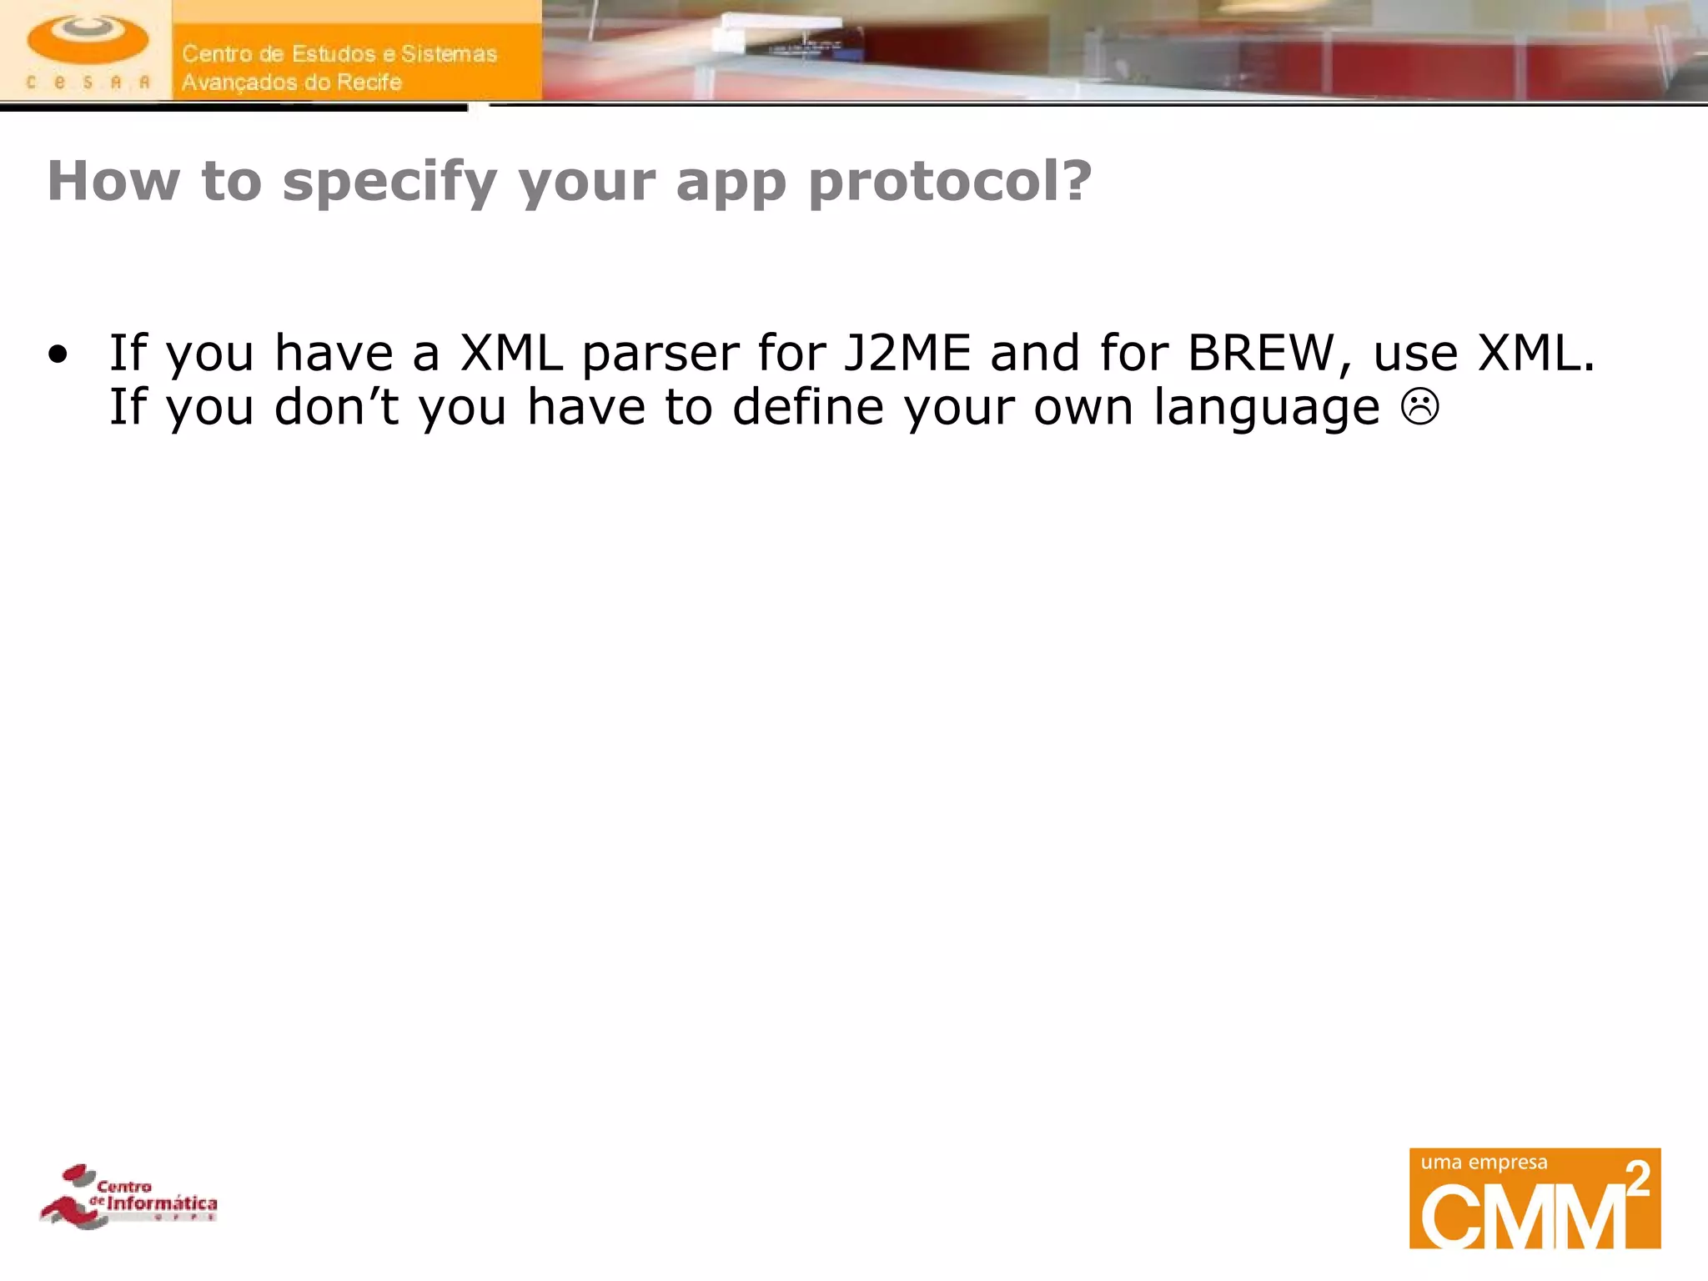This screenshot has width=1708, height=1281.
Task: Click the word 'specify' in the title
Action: click(389, 182)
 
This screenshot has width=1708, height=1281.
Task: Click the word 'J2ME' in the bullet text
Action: click(907, 353)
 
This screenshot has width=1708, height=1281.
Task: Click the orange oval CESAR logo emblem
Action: click(88, 40)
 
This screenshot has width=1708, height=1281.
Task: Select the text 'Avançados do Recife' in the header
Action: click(292, 83)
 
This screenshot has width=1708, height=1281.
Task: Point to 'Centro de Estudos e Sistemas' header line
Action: click(339, 54)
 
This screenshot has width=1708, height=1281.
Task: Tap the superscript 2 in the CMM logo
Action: click(1637, 1179)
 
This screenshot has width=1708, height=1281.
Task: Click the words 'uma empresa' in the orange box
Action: click(1484, 1163)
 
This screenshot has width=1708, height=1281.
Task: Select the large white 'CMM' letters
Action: click(1522, 1217)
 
